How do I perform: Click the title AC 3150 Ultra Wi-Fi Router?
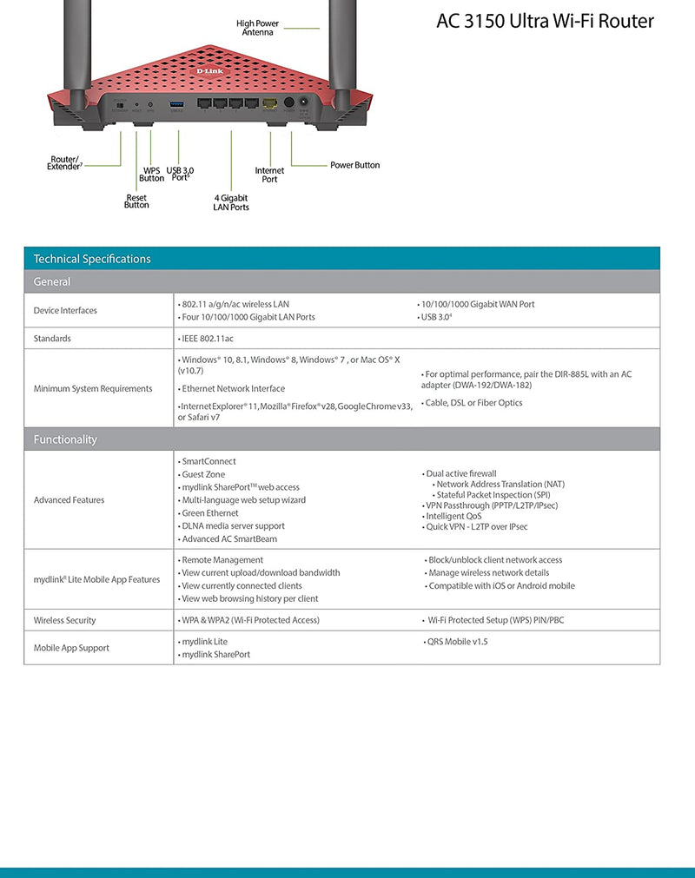click(545, 21)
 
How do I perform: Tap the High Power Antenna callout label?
click(257, 28)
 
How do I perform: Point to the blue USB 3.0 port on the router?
click(176, 103)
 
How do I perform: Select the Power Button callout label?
click(354, 165)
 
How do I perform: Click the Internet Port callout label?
click(269, 175)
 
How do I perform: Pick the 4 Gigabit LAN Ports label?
click(231, 203)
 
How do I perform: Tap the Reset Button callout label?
click(136, 201)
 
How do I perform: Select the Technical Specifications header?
click(92, 259)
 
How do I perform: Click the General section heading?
click(52, 282)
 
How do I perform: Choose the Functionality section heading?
click(65, 439)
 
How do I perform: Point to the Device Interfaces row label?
click(65, 311)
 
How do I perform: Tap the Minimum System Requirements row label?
click(93, 389)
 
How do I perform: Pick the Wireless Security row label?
click(65, 621)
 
